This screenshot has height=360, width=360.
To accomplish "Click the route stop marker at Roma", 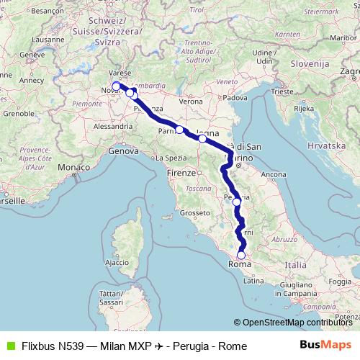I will point(241,255).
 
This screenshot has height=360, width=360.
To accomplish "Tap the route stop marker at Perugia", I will point(236,202).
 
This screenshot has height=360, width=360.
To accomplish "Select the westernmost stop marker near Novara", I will point(116,86).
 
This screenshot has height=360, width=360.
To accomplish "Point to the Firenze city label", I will point(180,174).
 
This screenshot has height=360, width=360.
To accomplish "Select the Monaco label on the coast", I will point(72,167).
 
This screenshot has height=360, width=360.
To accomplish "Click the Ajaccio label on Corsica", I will point(117,263).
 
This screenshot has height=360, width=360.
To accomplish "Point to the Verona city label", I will point(191,102).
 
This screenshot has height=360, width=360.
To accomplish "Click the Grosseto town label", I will point(194,212).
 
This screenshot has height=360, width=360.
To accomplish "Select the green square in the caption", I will point(10,346).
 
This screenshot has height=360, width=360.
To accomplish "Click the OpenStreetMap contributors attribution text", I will point(297,323).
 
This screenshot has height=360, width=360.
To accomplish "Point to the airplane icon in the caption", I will point(158,346).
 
